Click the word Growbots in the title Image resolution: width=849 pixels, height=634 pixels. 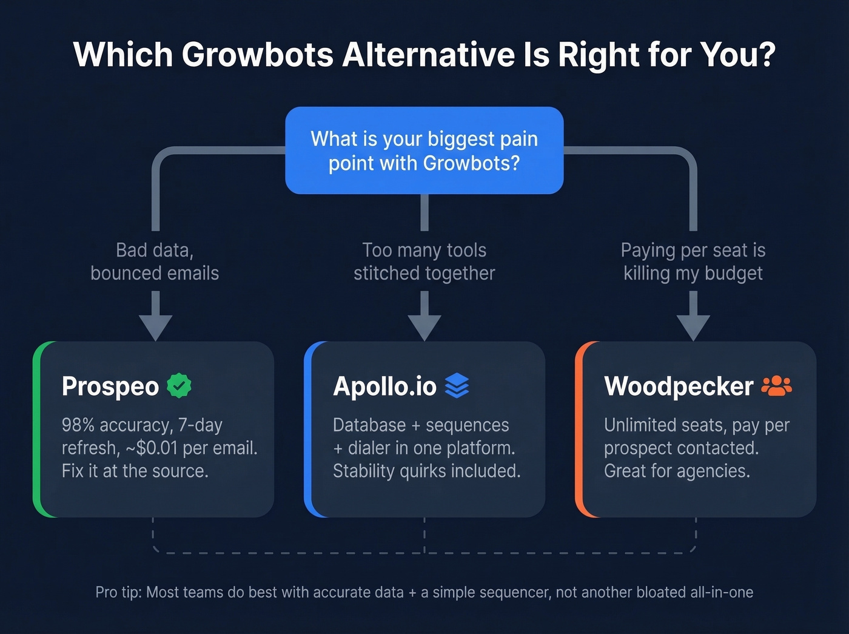pyautogui.click(x=257, y=55)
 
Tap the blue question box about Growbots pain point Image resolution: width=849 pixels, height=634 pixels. pyautogui.click(x=424, y=150)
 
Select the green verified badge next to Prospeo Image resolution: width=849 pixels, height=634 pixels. pyautogui.click(x=179, y=385)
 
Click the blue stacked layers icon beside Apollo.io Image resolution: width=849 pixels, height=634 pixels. pyautogui.click(x=457, y=385)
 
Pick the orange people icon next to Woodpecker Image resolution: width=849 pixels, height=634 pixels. pyautogui.click(x=776, y=385)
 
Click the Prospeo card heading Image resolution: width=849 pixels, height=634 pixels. pyautogui.click(x=110, y=386)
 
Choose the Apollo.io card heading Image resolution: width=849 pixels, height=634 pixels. pyautogui.click(x=384, y=386)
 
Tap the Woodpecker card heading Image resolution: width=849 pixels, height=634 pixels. pyautogui.click(x=679, y=386)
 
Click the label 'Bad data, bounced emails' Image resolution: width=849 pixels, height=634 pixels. pyautogui.click(x=155, y=261)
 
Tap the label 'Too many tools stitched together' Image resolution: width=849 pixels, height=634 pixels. pyautogui.click(x=424, y=261)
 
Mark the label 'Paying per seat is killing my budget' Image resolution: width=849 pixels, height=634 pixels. pyautogui.click(x=693, y=261)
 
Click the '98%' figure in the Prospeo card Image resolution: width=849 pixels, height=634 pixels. pyautogui.click(x=77, y=425)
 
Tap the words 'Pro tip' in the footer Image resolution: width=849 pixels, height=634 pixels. pyautogui.click(x=118, y=592)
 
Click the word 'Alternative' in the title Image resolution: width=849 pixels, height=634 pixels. pyautogui.click(x=428, y=55)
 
